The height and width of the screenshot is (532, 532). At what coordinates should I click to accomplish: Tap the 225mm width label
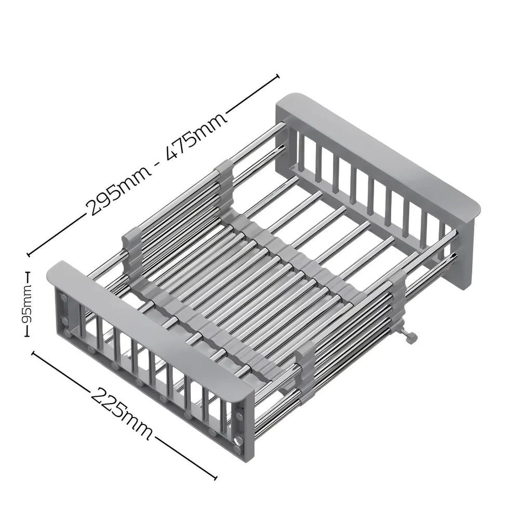121,413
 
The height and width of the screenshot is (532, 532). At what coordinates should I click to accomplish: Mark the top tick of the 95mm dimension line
27,272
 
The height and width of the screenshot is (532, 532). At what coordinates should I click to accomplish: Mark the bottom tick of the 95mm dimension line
27,336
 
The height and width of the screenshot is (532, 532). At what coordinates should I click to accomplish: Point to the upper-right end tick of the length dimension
278,76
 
